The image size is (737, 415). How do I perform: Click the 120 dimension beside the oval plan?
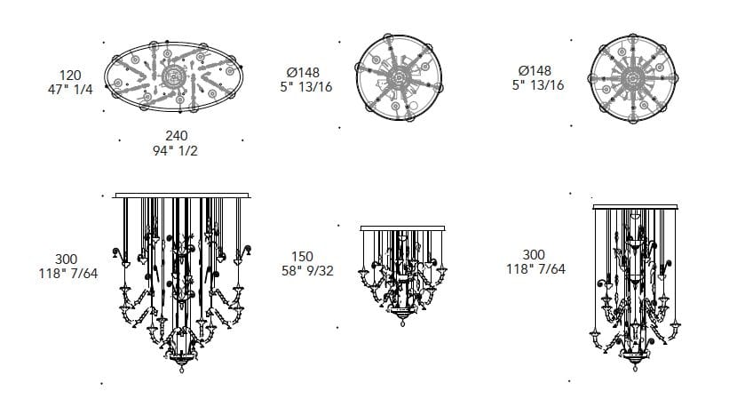(x=70, y=76)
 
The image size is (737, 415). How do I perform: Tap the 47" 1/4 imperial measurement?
(x=70, y=90)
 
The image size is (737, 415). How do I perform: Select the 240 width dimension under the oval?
(x=177, y=136)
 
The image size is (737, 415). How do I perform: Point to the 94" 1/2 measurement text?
(x=175, y=151)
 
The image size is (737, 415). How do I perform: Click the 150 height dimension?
(x=302, y=257)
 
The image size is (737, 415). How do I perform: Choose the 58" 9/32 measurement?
(x=307, y=271)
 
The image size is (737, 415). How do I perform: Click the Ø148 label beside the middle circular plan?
(x=303, y=73)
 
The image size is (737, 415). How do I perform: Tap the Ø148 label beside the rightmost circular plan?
(x=535, y=70)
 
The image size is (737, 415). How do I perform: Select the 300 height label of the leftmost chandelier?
(x=67, y=259)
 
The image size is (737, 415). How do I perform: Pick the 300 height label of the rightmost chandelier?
(x=534, y=255)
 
